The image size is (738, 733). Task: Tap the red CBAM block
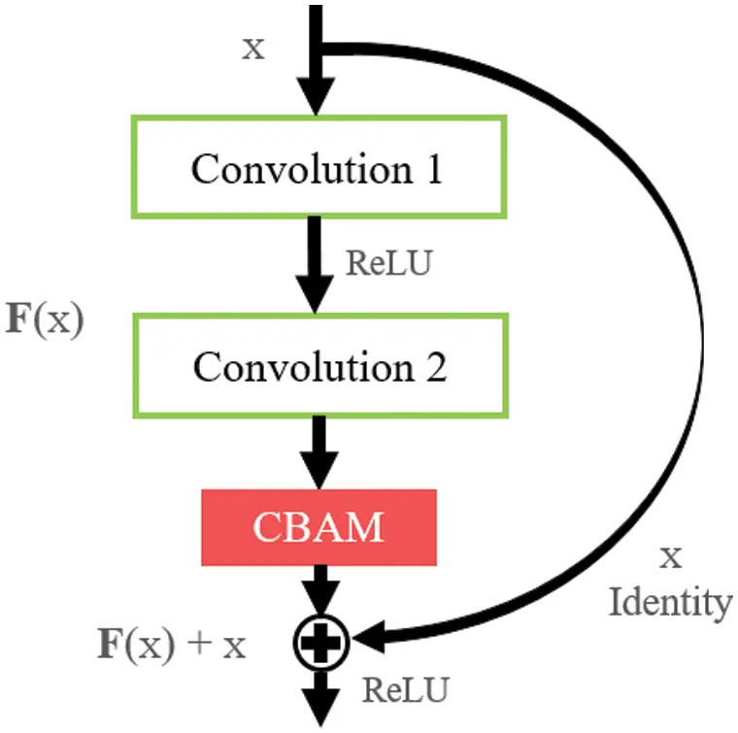click(319, 527)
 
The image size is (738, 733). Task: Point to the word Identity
click(670, 603)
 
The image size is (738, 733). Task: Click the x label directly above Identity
click(670, 557)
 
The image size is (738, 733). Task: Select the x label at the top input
click(252, 49)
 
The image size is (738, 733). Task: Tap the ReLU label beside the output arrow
click(406, 690)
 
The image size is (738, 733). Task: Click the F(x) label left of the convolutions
click(46, 320)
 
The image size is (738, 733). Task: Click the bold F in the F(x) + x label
click(110, 644)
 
